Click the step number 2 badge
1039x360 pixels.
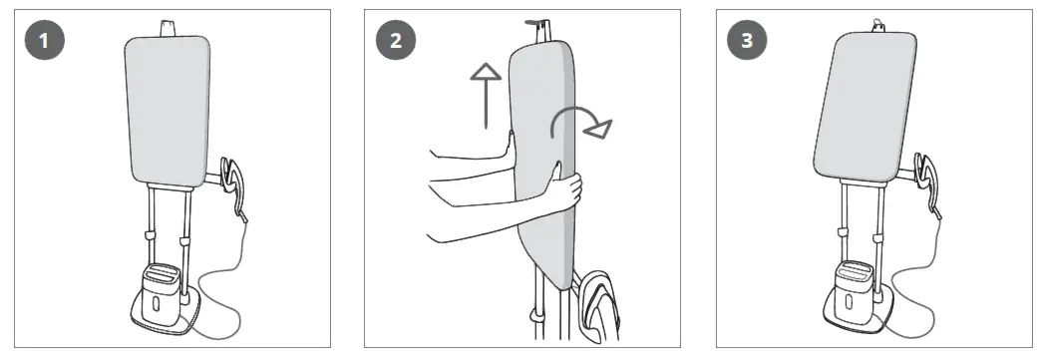pos(394,43)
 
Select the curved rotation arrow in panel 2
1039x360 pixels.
pos(578,120)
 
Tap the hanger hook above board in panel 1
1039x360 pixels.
pos(164,25)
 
